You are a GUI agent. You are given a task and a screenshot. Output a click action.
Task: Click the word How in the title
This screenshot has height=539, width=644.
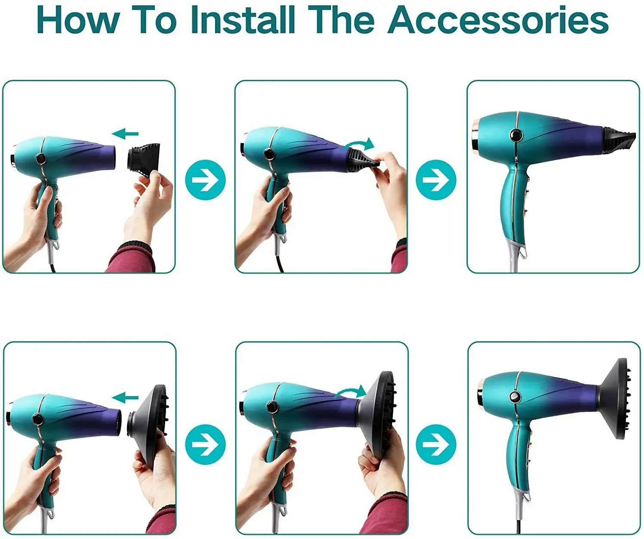click(78, 20)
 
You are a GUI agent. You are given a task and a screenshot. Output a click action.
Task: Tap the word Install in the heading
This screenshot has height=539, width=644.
click(243, 20)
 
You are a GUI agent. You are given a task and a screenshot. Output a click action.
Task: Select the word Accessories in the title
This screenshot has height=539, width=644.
click(498, 20)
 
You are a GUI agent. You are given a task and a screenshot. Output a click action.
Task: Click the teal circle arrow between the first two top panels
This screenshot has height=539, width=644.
click(205, 180)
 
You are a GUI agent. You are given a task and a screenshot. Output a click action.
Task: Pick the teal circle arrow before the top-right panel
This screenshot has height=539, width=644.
click(436, 180)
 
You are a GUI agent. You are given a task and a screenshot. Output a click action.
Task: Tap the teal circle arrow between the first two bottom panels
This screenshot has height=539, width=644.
click(205, 445)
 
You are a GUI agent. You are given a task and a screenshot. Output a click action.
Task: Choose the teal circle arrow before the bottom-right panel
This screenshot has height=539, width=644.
click(436, 445)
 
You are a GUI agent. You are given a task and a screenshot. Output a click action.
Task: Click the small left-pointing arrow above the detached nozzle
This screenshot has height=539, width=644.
click(125, 134)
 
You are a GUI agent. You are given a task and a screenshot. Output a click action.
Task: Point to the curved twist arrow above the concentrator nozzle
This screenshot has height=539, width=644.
click(360, 144)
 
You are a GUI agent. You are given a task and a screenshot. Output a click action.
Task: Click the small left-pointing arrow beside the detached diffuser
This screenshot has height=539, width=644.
click(125, 397)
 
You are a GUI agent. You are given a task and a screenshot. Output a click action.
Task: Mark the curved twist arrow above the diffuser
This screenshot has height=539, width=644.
click(351, 391)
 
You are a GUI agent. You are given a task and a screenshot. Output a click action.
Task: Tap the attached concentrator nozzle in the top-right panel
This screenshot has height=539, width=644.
click(618, 140)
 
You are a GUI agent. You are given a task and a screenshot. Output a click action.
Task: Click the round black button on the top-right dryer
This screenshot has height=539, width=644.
click(516, 135)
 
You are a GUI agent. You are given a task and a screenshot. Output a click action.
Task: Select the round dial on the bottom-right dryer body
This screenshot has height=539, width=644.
click(515, 397)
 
